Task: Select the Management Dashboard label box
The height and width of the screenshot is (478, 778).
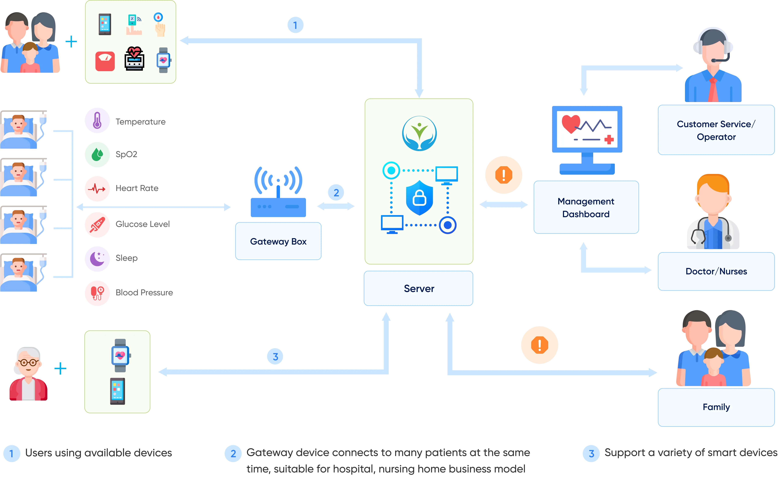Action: tap(586, 207)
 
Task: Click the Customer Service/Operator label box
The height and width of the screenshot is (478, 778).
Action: tap(716, 130)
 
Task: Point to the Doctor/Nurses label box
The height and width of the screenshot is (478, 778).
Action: tap(716, 271)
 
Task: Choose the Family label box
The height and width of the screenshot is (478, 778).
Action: tap(716, 407)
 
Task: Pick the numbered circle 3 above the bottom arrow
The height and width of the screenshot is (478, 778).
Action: tap(275, 357)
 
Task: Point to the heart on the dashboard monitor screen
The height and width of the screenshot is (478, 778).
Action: tap(571, 123)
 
